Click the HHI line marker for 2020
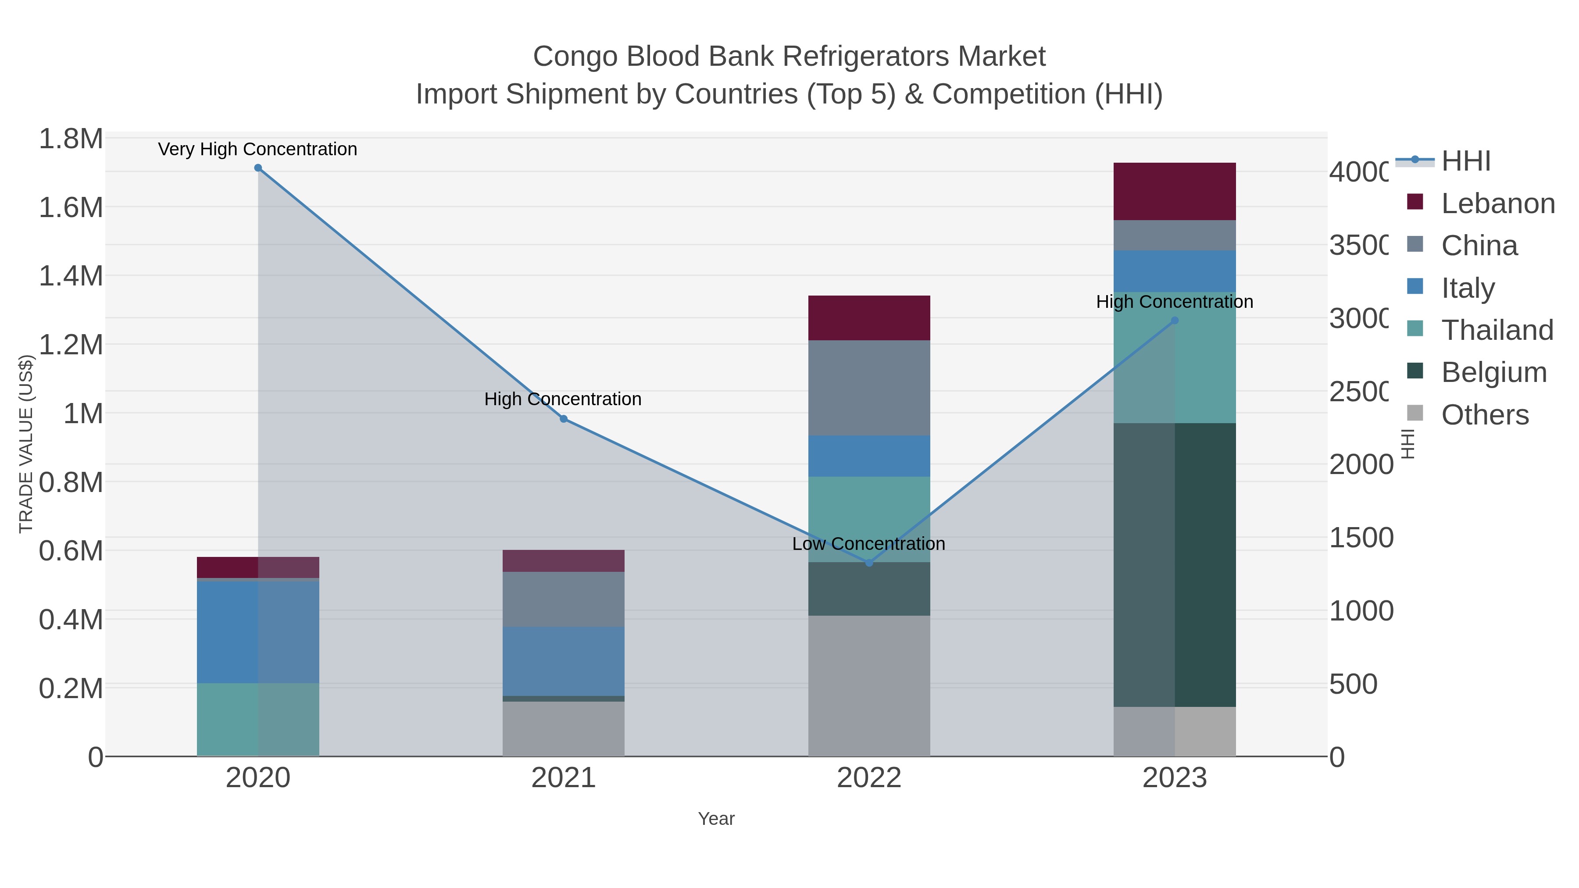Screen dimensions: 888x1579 click(x=258, y=168)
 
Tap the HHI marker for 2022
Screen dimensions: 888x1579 click(x=868, y=563)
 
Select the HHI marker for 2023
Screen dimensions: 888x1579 click(x=1175, y=321)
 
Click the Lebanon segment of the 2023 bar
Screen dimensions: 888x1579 click(x=1175, y=191)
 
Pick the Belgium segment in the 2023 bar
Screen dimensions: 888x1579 click(x=1175, y=564)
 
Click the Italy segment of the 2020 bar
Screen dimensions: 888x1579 click(x=258, y=631)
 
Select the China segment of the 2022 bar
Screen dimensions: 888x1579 click(x=868, y=387)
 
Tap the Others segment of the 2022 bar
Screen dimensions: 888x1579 click(x=868, y=685)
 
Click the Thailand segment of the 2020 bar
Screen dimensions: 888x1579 click(x=258, y=719)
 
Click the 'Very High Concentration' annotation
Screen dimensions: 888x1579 click(x=257, y=150)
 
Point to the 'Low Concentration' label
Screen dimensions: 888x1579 click(x=868, y=544)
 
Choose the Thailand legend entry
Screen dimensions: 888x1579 click(x=1497, y=330)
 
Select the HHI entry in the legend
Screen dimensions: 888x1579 click(x=1465, y=161)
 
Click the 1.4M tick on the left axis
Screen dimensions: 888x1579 click(x=71, y=276)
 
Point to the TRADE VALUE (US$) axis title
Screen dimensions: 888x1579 click(x=26, y=444)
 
